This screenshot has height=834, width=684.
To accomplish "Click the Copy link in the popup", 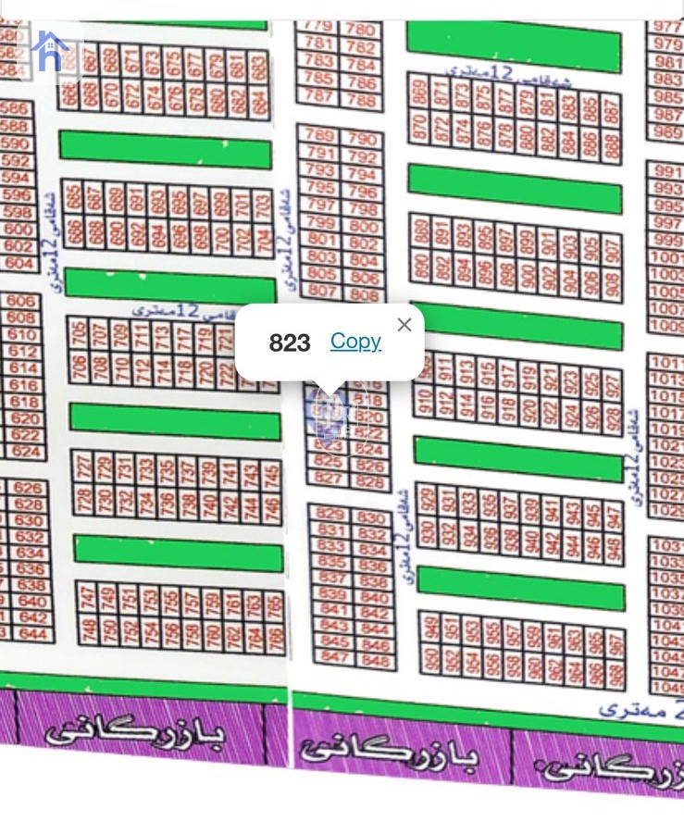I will [x=355, y=342].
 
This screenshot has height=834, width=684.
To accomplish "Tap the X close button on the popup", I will [x=404, y=325].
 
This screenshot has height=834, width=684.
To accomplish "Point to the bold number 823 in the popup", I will [x=290, y=343].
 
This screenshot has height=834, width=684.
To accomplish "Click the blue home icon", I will [x=49, y=52].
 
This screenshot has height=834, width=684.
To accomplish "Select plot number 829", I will [x=330, y=514].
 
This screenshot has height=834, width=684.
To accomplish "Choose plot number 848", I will [x=376, y=661].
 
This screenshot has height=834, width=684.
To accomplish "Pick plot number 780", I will [x=360, y=30].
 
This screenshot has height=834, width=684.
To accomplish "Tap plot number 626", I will [x=28, y=488].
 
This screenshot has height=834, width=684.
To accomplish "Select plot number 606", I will [x=21, y=301].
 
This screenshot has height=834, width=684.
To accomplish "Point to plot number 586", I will [x=15, y=109].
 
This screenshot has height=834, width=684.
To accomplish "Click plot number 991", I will [x=666, y=171].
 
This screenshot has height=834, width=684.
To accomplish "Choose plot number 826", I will [x=369, y=466].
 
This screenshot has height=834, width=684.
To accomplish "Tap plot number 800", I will [x=364, y=226].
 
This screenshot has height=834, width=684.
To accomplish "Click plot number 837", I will [x=331, y=578].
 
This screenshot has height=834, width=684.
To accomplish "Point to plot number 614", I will [x=23, y=367].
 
